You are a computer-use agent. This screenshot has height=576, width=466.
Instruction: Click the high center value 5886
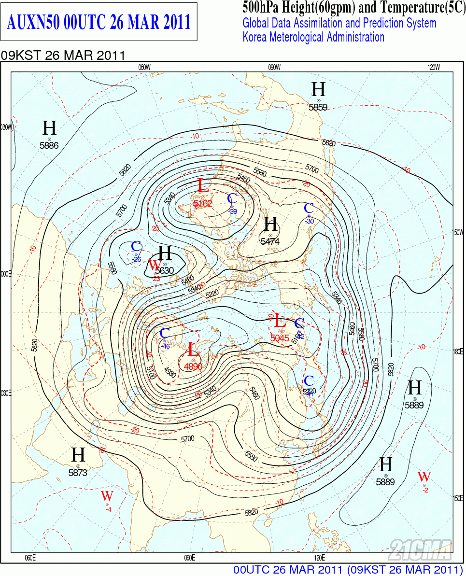point(49,145)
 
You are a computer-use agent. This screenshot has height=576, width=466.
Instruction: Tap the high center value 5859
point(318,107)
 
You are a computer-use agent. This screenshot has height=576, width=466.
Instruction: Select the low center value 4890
point(193,366)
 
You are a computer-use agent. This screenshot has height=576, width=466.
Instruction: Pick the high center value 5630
point(165,270)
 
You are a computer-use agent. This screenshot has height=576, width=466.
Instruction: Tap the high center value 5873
point(78,473)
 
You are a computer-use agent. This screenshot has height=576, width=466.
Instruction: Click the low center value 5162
point(203,204)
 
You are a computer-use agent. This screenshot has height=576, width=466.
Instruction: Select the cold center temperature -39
point(233,211)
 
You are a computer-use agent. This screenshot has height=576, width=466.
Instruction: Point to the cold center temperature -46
point(166,346)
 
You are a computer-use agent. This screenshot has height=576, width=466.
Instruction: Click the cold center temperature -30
point(310,221)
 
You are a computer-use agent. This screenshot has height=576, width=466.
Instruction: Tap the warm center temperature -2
point(425,491)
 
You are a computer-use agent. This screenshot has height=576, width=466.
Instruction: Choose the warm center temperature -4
point(108,509)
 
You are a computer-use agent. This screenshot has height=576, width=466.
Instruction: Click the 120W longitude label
point(434,67)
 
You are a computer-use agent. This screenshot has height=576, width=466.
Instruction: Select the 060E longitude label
point(30,558)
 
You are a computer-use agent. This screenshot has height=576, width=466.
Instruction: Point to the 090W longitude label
point(274,67)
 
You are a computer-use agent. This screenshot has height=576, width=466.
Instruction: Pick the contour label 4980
point(170,371)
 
